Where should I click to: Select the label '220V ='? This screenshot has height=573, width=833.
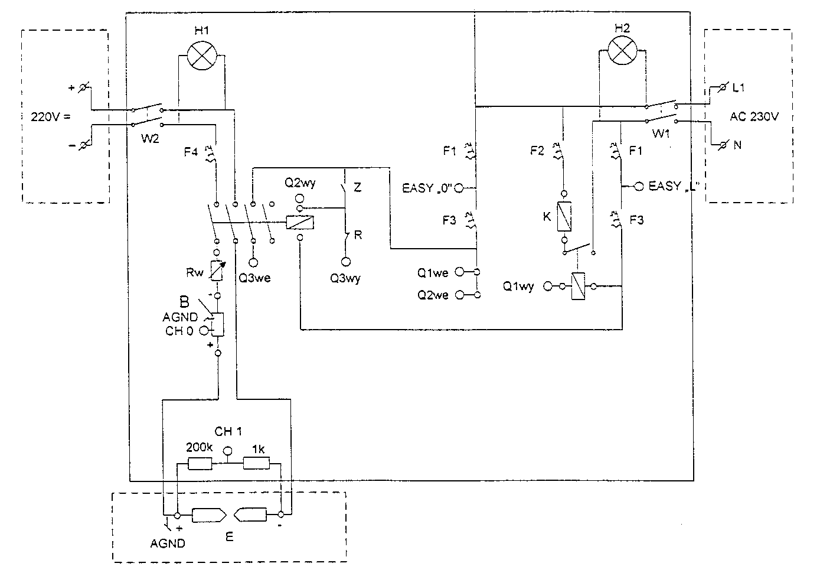(50, 116)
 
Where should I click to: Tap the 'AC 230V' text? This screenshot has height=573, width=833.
(754, 117)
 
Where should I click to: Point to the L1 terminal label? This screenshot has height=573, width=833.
(739, 88)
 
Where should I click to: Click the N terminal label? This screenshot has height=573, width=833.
(737, 144)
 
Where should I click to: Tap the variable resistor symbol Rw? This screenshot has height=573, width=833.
(217, 271)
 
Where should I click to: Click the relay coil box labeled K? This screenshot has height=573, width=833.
(564, 216)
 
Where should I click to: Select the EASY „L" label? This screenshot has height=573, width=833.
(676, 186)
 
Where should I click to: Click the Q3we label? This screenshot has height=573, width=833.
(254, 277)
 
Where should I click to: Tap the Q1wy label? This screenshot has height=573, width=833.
(518, 286)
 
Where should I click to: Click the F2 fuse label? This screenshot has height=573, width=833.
(537, 151)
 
